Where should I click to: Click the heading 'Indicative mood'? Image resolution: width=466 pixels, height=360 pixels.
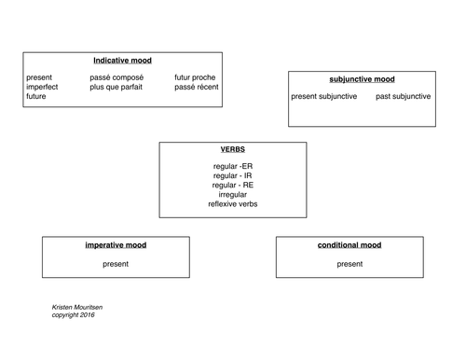coord(122,61)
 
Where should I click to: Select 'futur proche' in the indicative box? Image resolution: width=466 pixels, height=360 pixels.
coord(195,77)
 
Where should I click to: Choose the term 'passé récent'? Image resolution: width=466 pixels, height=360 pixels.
coord(196,87)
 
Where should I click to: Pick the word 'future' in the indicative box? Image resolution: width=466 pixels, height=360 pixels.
coord(38,96)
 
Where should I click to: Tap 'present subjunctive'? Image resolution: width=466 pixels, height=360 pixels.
coord(324,96)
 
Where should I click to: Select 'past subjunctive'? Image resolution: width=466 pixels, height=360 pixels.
coord(404,96)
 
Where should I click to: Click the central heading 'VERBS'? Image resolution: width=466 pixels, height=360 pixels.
coord(232,149)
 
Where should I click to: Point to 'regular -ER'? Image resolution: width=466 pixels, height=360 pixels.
coord(232,166)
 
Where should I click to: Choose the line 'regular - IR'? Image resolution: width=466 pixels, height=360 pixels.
coord(232,175)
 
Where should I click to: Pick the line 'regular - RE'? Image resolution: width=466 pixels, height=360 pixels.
coord(232,185)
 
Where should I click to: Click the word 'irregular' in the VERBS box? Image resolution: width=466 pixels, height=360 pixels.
coord(232,194)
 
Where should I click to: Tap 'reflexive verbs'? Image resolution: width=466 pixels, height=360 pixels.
coord(232,203)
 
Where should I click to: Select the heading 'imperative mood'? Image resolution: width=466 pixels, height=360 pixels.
coord(116,245)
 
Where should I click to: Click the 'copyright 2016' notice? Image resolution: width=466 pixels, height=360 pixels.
coord(74,314)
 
